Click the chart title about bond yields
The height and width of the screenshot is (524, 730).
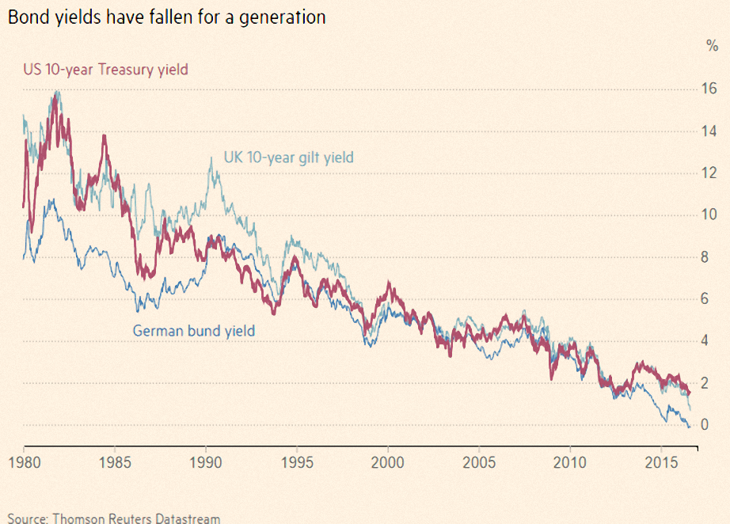coord(167,17)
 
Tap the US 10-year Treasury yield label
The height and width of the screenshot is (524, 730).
coord(105,70)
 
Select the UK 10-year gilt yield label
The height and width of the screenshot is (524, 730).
coord(289,158)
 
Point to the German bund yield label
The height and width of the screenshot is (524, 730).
coord(194,331)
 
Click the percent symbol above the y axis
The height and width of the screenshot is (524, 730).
coord(712,46)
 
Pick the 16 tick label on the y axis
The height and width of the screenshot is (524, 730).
coord(709,89)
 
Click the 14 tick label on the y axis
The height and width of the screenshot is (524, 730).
coord(709,131)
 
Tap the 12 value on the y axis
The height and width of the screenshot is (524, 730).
coord(709,173)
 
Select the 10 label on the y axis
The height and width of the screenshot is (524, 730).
coord(709,215)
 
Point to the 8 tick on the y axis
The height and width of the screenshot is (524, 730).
coord(705,257)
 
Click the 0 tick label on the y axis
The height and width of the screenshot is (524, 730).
coord(705,424)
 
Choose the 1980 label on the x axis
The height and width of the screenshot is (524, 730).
coord(25,462)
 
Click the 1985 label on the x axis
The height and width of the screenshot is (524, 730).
coord(116,462)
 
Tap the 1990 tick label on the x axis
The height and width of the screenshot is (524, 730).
coord(206,462)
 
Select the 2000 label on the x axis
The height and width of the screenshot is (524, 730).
coord(388,462)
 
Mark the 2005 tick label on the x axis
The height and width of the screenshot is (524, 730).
coord(479,462)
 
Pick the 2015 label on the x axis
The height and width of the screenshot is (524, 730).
coord(661,462)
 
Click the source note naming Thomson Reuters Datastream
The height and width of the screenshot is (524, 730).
coord(114,518)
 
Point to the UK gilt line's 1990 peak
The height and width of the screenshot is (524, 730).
coord(211,158)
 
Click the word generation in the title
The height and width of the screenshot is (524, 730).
coord(283,17)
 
